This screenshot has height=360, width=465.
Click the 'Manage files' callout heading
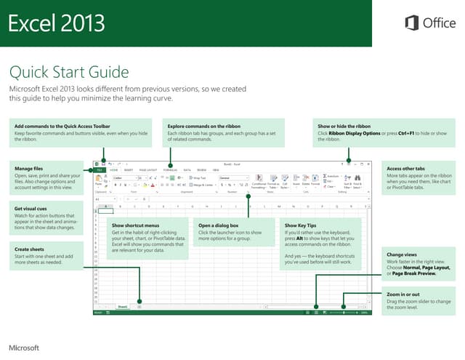pos(28,169)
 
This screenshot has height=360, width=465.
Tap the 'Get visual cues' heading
pos(32,208)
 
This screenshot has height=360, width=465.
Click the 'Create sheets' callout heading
pos(31,249)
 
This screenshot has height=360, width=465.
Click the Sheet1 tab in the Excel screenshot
pos(123,308)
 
